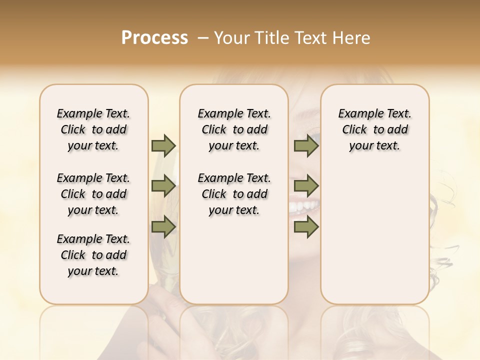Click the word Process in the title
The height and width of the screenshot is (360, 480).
[154, 38]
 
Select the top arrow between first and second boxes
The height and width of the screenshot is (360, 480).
[163, 145]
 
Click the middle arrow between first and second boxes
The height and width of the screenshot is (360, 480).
[163, 186]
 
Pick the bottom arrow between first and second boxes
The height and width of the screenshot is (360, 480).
[163, 227]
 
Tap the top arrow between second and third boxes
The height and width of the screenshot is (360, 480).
[306, 145]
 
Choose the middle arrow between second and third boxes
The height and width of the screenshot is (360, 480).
[306, 186]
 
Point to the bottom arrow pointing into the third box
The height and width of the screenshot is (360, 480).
[306, 227]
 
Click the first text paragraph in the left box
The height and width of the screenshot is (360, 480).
[93, 129]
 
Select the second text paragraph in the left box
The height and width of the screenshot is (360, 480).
[93, 194]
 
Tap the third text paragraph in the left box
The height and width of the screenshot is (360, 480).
[93, 255]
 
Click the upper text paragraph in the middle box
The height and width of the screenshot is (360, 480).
[234, 129]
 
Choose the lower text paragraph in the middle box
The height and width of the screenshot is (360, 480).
[234, 194]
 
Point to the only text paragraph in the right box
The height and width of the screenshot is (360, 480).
[374, 129]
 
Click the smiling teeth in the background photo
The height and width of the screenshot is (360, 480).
[304, 205]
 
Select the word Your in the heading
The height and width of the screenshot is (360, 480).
[231, 38]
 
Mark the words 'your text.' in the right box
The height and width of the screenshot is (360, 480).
[374, 146]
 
